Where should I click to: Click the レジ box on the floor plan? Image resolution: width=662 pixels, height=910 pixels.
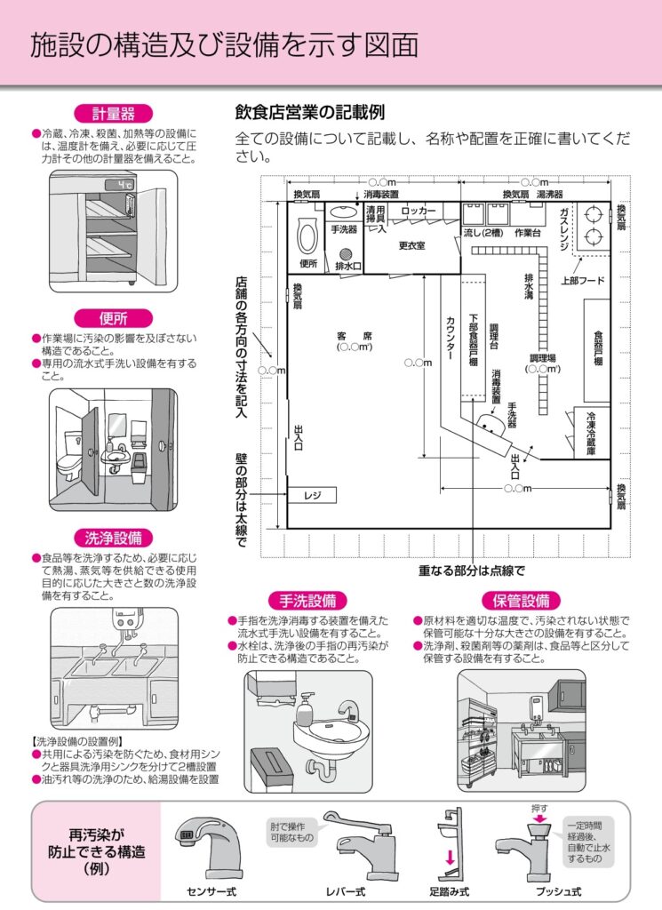[311, 495]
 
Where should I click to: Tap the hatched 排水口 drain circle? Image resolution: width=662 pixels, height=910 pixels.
[343, 251]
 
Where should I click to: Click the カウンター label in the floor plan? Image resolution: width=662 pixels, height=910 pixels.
[451, 338]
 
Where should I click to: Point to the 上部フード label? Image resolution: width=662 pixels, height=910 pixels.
[582, 281]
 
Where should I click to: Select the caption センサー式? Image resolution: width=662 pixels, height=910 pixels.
[211, 890]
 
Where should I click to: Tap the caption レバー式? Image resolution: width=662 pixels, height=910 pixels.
[345, 890]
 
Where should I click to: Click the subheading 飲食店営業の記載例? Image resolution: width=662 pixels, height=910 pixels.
[309, 113]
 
